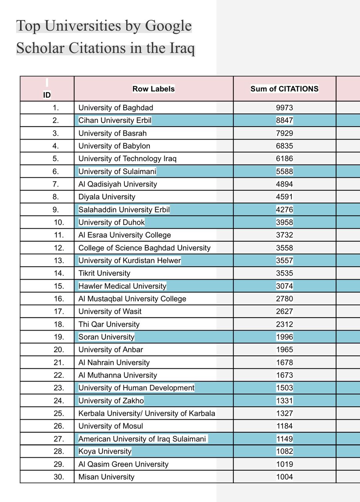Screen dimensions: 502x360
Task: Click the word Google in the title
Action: [x=168, y=26]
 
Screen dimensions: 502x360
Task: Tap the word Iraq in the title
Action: [x=182, y=48]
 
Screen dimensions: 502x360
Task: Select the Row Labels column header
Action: [x=153, y=89]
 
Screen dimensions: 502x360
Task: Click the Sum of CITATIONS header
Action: [x=284, y=89]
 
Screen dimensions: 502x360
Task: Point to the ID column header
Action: [x=47, y=95]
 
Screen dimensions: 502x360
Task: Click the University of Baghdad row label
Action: [x=116, y=108]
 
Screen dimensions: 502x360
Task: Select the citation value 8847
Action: [x=284, y=120]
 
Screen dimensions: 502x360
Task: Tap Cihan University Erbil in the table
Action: [x=115, y=120]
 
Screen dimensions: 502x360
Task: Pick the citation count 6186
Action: [x=284, y=159]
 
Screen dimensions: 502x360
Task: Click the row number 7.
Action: [x=56, y=184]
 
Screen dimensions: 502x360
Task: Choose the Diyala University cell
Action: [x=107, y=197]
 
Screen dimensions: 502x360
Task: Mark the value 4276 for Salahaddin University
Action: [x=284, y=210]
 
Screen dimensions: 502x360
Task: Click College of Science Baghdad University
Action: [x=144, y=248]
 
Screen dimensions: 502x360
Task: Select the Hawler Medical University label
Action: [x=122, y=286]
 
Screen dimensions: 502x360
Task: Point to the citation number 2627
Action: [x=284, y=312]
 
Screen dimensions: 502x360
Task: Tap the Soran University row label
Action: [x=106, y=337]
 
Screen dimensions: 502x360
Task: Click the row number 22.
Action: [x=59, y=375]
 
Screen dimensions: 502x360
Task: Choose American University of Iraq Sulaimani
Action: [x=142, y=439]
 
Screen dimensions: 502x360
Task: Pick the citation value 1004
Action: [x=284, y=477]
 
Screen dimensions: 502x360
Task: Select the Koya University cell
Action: [x=105, y=451]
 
